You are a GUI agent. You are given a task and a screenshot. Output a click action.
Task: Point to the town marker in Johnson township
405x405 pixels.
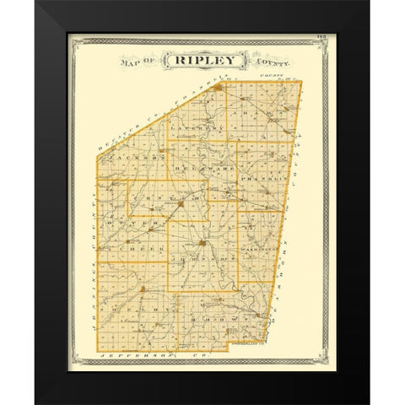click(202, 245)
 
